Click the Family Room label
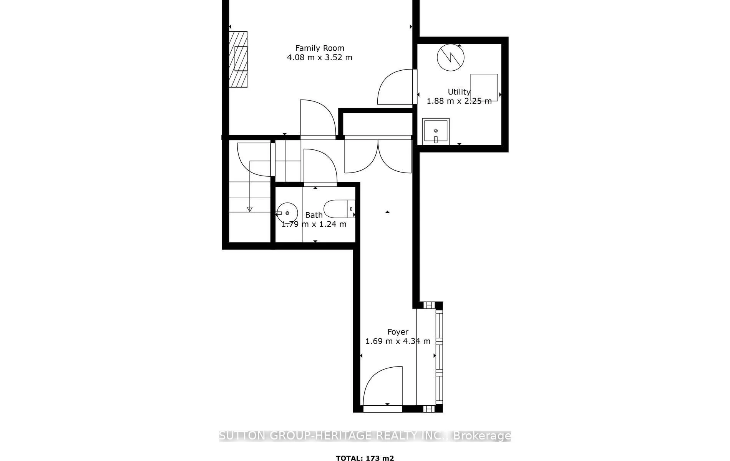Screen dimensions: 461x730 (x=320, y=48)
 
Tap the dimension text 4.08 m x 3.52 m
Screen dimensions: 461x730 (x=320, y=58)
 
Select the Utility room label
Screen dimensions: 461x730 (x=459, y=92)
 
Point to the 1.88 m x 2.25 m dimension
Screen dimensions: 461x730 (x=459, y=101)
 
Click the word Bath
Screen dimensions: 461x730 (x=314, y=215)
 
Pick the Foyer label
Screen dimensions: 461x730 (x=398, y=332)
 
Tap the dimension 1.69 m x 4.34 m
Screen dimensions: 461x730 (x=398, y=341)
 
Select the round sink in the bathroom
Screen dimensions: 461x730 (x=287, y=213)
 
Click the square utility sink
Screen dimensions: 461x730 (x=436, y=131)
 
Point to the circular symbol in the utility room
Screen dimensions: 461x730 (x=451, y=57)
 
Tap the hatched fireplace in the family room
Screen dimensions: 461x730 (x=238, y=59)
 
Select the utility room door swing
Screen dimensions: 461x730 (x=396, y=88)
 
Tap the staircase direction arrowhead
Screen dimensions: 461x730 (x=250, y=209)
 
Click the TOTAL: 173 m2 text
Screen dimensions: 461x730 (x=365, y=458)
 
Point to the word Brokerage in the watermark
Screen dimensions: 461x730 (x=482, y=436)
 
